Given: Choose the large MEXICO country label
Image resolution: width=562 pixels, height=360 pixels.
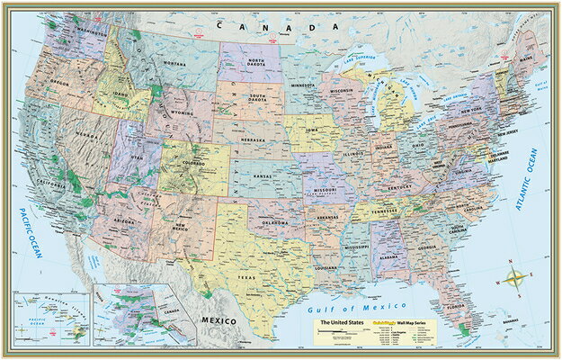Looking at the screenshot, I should (x=217, y=321).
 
